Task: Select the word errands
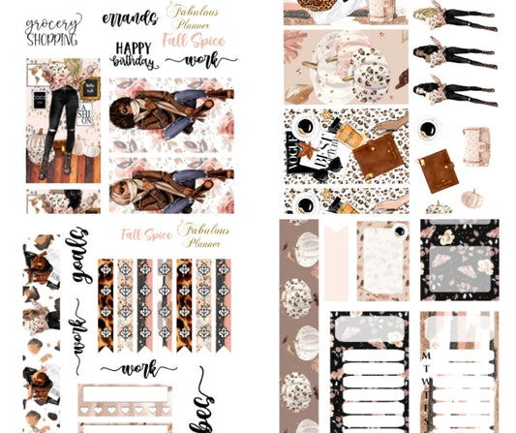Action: pyautogui.click(x=128, y=18)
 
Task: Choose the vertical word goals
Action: pyautogui.click(x=76, y=255)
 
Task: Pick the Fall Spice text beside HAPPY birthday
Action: pyautogui.click(x=195, y=42)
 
